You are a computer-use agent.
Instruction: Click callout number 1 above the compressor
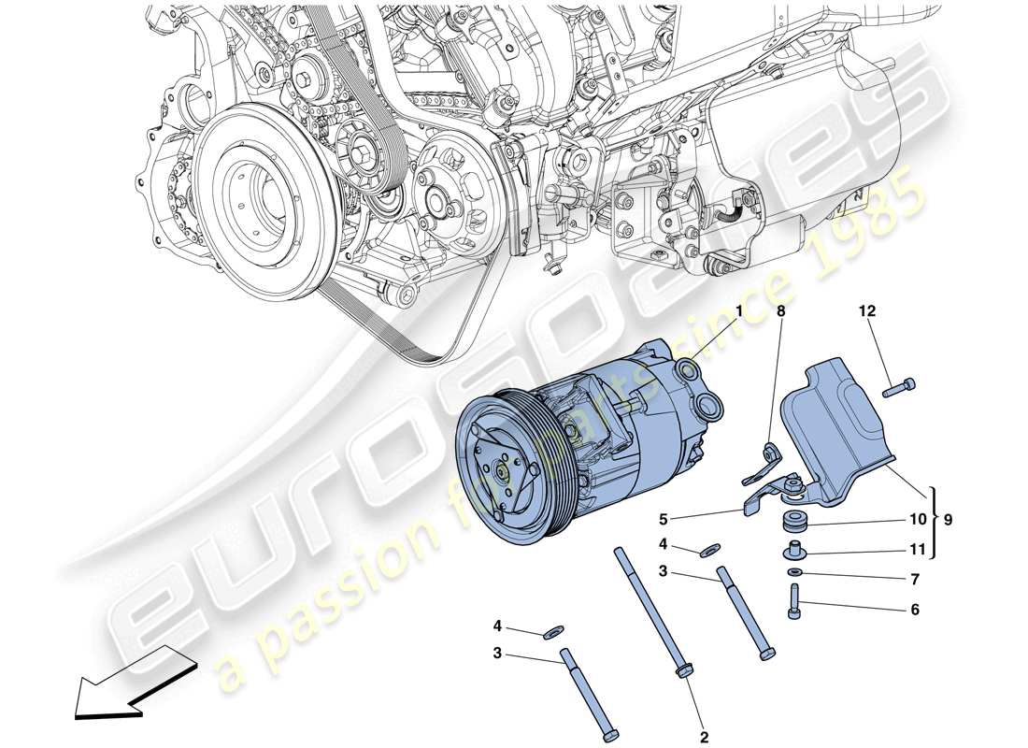pyautogui.click(x=737, y=311)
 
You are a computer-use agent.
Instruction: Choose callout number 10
pyautogui.click(x=914, y=518)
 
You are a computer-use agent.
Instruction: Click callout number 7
pyautogui.click(x=914, y=580)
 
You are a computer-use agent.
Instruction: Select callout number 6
pyautogui.click(x=914, y=610)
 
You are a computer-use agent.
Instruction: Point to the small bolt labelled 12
pyautogui.click(x=898, y=384)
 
